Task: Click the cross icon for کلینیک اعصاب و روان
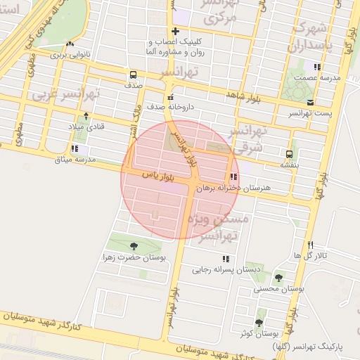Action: pos(175,32)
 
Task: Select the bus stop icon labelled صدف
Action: pos(133,75)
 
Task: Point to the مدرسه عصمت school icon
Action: pos(318,67)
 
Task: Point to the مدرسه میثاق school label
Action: pos(79,160)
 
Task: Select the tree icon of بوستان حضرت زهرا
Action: pos(134,246)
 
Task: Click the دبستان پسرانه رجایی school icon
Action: pos(205,259)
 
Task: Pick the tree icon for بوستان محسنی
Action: pos(278,278)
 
